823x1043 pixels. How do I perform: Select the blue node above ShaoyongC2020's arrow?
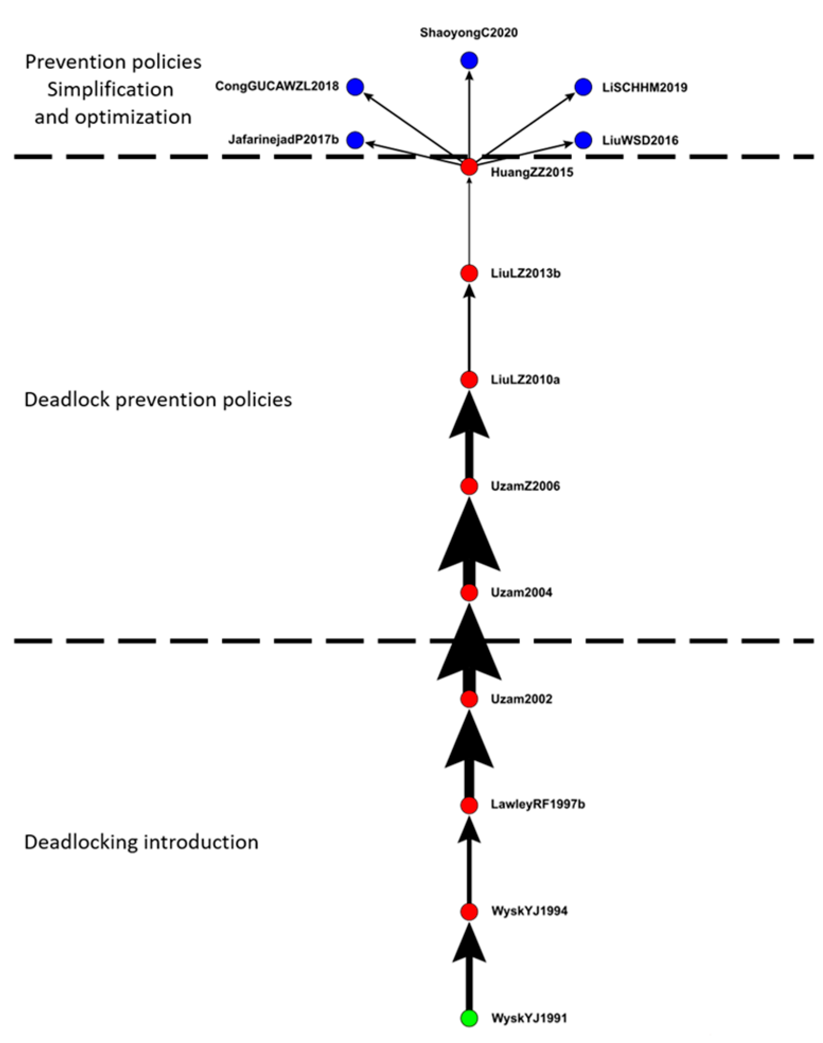click(x=469, y=60)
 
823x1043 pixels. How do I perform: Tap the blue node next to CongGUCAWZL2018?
click(x=355, y=86)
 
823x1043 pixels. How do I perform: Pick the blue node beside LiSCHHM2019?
click(x=583, y=87)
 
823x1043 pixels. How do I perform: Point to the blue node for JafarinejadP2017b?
click(x=355, y=140)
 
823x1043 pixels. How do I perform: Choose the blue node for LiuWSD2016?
click(x=583, y=140)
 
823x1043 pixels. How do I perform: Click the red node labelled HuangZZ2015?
click(x=469, y=167)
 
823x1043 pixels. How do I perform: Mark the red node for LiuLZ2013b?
click(x=469, y=273)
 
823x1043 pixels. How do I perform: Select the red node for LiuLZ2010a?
click(x=469, y=379)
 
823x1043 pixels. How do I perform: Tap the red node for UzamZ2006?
click(x=469, y=485)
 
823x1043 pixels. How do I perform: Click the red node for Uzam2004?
click(x=469, y=592)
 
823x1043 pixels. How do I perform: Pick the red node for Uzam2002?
click(x=469, y=699)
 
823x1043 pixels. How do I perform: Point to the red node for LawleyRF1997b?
click(x=469, y=805)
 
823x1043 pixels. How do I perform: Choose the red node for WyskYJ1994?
click(x=469, y=912)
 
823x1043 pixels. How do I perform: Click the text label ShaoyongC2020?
click(x=468, y=33)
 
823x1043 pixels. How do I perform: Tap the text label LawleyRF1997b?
click(x=537, y=805)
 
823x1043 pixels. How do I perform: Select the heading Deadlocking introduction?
click(x=141, y=842)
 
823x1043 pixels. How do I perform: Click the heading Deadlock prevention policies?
click(x=158, y=399)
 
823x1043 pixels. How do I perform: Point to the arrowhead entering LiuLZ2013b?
click(x=469, y=291)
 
